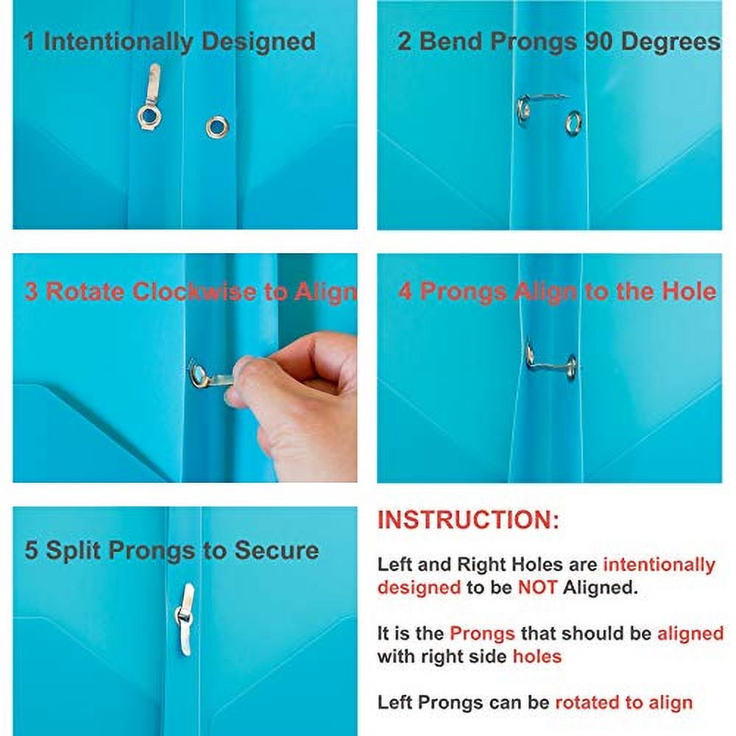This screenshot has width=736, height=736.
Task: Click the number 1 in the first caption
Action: click(x=29, y=41)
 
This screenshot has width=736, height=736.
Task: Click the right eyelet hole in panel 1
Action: click(x=216, y=127)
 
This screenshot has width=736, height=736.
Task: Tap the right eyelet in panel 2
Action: click(x=573, y=122)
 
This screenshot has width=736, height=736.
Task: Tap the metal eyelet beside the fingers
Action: click(x=198, y=376)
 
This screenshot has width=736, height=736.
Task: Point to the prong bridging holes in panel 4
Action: click(x=551, y=361)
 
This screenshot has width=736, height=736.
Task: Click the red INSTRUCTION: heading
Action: click(x=468, y=520)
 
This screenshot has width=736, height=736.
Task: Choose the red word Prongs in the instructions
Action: click(x=482, y=633)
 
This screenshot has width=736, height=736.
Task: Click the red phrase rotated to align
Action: click(x=623, y=702)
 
